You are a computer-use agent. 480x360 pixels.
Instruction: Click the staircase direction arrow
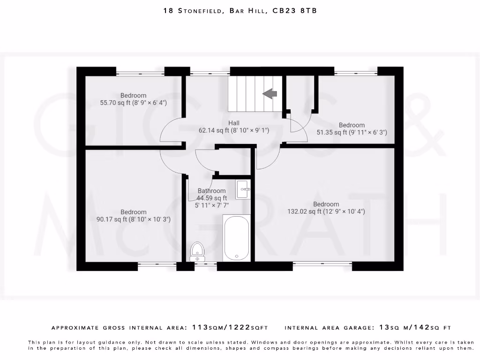270,94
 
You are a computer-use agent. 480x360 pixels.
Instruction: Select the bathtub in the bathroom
237,238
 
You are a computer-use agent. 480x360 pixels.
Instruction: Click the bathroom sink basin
243,190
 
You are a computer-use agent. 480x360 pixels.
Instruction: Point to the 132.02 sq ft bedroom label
326,208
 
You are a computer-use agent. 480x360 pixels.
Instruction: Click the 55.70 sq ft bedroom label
133,99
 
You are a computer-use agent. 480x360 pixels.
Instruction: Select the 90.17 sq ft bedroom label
133,216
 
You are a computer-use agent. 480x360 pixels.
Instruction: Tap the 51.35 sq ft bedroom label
352,129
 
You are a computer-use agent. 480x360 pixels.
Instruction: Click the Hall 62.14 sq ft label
234,127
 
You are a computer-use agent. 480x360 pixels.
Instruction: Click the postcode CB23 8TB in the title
294,10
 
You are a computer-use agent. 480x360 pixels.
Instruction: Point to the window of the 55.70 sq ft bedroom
140,73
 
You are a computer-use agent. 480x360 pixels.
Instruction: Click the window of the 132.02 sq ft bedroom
322,264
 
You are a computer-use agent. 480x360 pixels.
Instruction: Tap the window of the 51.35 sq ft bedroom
356,73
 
